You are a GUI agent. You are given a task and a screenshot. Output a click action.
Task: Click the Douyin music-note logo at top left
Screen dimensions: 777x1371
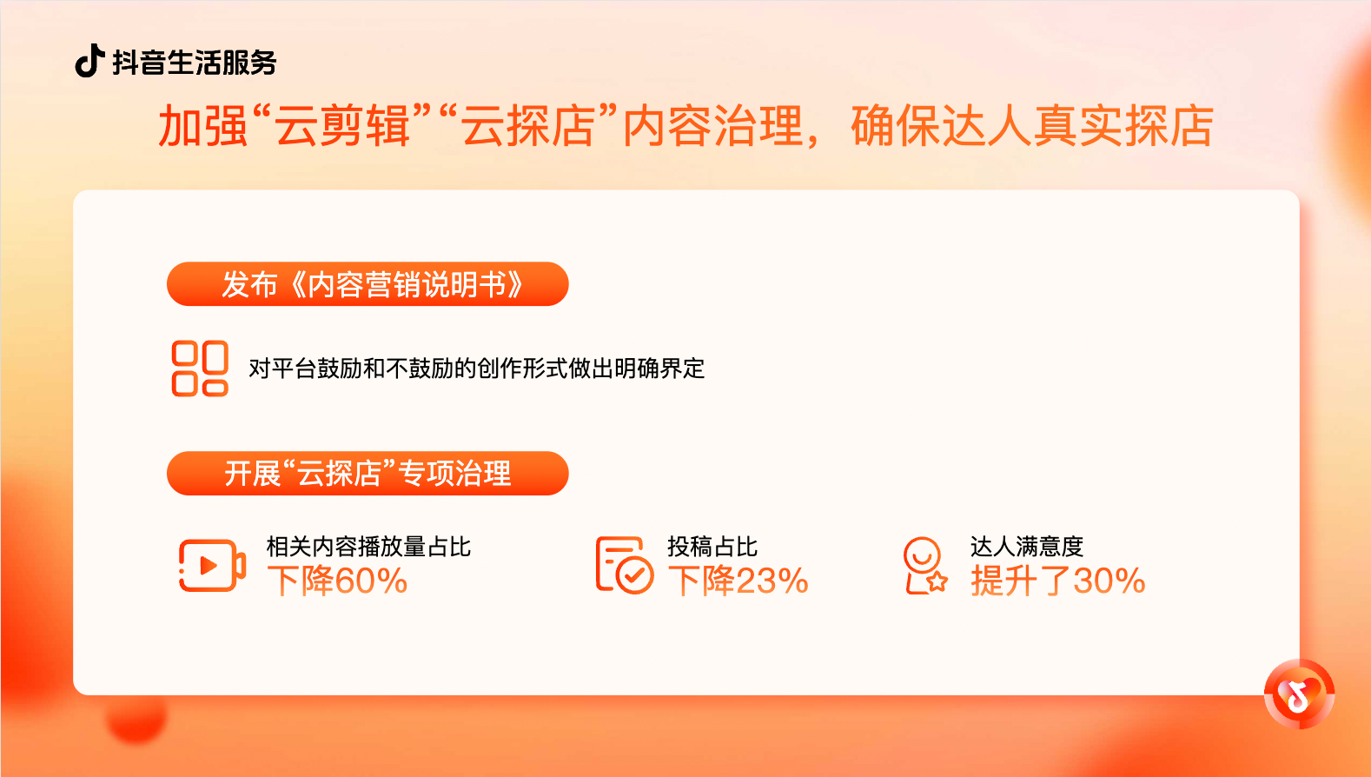pos(89,61)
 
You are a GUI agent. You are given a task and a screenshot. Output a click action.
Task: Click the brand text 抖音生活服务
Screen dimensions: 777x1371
pos(195,63)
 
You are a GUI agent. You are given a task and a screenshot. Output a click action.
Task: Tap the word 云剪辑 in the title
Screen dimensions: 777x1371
pos(342,126)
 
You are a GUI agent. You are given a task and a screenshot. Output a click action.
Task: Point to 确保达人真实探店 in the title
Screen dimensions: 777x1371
pos(1031,126)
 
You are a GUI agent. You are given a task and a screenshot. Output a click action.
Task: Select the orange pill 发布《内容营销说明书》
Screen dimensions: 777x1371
pos(368,284)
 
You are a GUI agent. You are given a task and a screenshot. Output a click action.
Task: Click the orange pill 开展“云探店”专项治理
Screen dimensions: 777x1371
pos(368,474)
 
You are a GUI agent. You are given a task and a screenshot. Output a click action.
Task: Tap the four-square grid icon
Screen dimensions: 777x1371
pos(200,369)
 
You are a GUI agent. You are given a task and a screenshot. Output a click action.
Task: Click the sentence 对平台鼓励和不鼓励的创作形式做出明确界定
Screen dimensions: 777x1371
pos(476,369)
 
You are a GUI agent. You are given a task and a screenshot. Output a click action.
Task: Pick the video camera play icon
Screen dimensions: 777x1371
pos(211,566)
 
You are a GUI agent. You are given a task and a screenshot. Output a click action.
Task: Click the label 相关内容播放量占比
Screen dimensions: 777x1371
pos(368,547)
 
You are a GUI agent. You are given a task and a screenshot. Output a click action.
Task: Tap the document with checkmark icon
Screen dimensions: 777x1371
pos(624,566)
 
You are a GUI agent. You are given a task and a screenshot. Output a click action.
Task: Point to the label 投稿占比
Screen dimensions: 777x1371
pos(712,547)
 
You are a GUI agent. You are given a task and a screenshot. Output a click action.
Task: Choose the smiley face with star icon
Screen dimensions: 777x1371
pos(924,566)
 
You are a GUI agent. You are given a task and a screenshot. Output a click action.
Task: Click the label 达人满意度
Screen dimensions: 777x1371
pos(1027,547)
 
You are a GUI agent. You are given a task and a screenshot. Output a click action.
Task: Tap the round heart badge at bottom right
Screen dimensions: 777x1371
pos(1299,694)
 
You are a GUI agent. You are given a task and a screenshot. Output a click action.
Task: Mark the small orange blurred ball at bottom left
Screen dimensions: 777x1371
pos(136,719)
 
